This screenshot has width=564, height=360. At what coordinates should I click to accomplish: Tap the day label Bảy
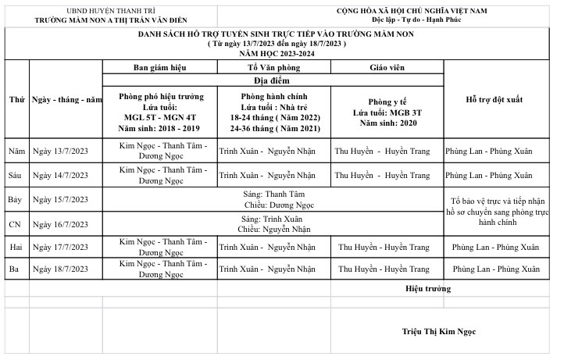point(15,200)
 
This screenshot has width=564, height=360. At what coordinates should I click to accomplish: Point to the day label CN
point(14,225)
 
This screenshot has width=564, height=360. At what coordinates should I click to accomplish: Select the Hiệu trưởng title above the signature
point(428,289)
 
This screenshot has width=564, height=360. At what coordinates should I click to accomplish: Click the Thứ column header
point(16,101)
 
